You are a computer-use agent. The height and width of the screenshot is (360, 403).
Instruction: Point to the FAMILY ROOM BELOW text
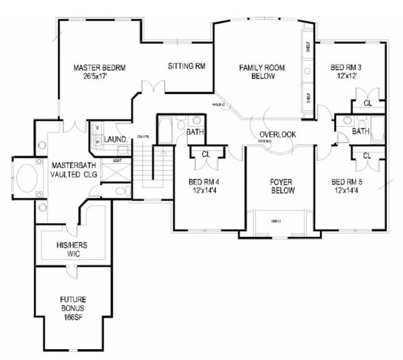coord(263,72)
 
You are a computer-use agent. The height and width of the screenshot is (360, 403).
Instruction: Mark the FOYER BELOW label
coord(283,186)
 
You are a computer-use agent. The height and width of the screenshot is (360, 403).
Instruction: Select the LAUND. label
coord(116,139)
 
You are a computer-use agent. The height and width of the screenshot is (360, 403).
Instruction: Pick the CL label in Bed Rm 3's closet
coord(367,102)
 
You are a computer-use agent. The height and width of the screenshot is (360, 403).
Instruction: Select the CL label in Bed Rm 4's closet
coord(206,155)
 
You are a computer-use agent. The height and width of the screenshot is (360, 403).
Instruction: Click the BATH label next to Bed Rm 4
coord(195,132)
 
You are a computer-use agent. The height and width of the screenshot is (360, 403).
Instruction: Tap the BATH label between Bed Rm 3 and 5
coord(361,131)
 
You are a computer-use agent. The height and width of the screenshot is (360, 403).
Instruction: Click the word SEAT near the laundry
coord(117,160)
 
